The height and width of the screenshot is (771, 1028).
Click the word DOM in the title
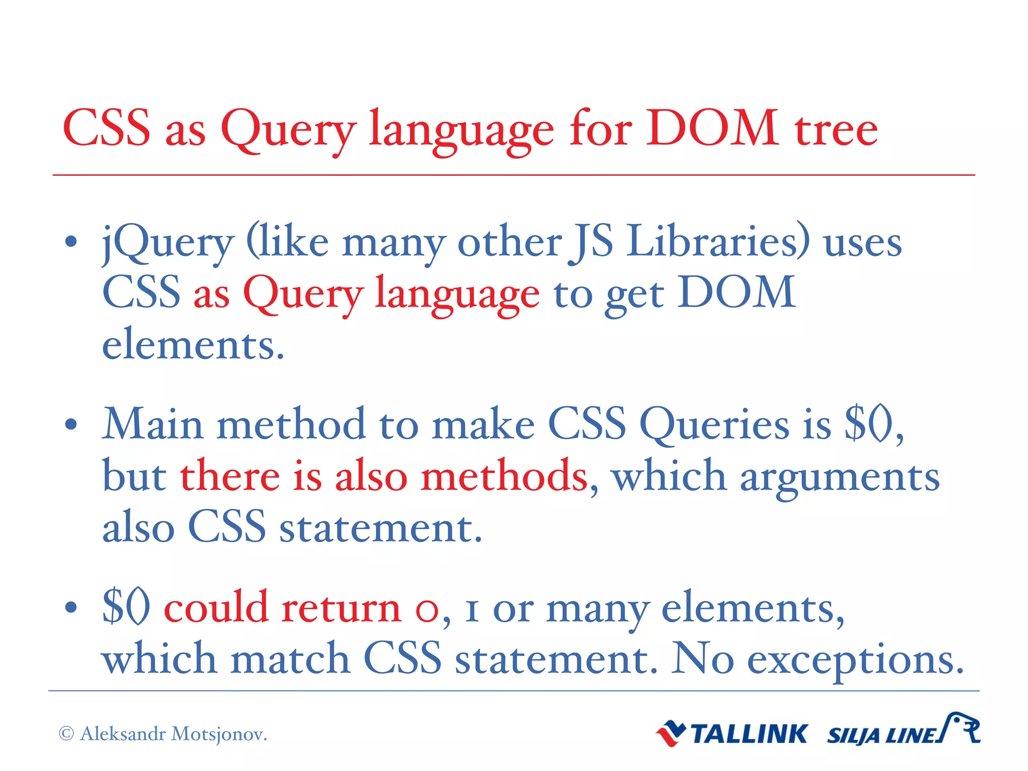coord(712,128)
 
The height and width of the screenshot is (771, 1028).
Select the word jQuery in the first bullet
coord(168,243)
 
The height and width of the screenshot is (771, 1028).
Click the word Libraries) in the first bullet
coord(718,241)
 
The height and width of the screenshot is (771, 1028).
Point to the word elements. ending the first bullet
coord(193,345)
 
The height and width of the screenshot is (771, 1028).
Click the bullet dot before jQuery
coord(71,242)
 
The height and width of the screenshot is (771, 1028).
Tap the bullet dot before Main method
coord(71,425)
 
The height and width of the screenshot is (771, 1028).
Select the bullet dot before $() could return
coord(71,607)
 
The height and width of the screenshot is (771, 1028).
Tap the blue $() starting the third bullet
coord(125,607)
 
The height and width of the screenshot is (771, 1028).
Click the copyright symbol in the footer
coord(66,734)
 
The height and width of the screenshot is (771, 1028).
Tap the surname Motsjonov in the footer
coord(219,734)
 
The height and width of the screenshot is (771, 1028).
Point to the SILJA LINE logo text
coord(883,736)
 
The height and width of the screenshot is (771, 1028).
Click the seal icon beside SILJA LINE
coord(961,728)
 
